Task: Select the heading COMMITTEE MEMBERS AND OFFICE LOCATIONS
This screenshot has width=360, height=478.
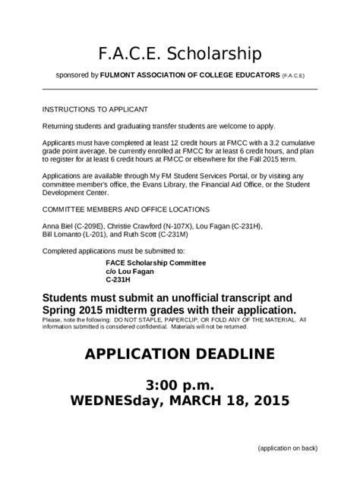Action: click(126, 208)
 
